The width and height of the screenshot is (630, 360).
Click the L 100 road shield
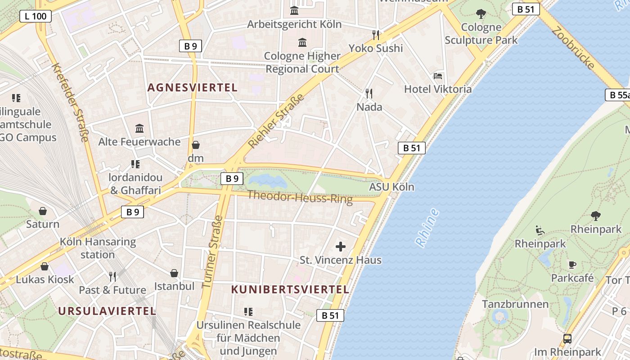36,17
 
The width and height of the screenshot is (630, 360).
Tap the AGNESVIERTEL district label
192,88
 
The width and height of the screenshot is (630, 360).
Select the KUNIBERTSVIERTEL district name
290,290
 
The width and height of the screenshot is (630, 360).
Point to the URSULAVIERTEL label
107,311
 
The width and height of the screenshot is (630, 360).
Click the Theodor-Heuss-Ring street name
300,197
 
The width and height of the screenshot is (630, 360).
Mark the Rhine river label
427,228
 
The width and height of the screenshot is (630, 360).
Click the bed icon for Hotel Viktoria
438,76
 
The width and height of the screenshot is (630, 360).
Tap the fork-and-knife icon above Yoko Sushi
376,35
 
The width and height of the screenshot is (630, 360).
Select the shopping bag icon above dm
196,145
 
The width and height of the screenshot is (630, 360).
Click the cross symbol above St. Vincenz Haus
341,247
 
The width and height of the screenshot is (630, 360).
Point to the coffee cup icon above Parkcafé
572,265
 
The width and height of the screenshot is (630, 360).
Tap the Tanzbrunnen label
515,304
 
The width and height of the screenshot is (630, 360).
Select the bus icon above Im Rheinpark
567,338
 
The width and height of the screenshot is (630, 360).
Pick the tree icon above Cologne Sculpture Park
481,14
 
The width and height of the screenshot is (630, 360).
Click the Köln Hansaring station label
98,248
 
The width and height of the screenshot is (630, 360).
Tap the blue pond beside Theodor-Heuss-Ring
268,181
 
